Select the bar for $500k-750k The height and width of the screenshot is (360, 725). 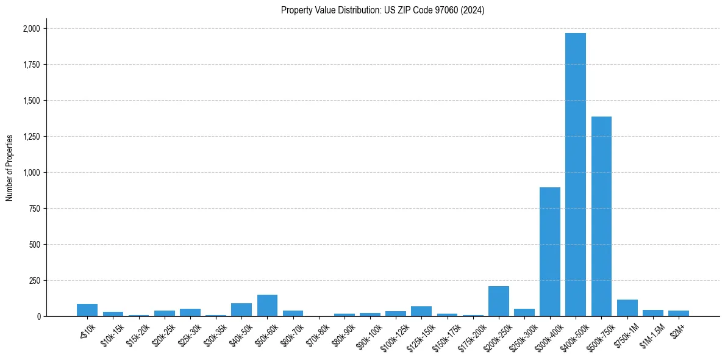[x=601, y=216]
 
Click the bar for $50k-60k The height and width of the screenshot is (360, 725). [x=267, y=306]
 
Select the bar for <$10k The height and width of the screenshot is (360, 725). [x=87, y=310]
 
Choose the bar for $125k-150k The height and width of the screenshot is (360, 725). [x=421, y=311]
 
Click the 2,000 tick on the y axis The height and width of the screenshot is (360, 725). [x=32, y=29]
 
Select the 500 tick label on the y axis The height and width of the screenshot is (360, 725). [x=35, y=245]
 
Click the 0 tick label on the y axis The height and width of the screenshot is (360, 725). [x=39, y=317]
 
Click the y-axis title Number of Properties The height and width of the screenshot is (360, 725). [x=10, y=167]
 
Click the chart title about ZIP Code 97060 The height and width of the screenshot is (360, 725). [x=382, y=10]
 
